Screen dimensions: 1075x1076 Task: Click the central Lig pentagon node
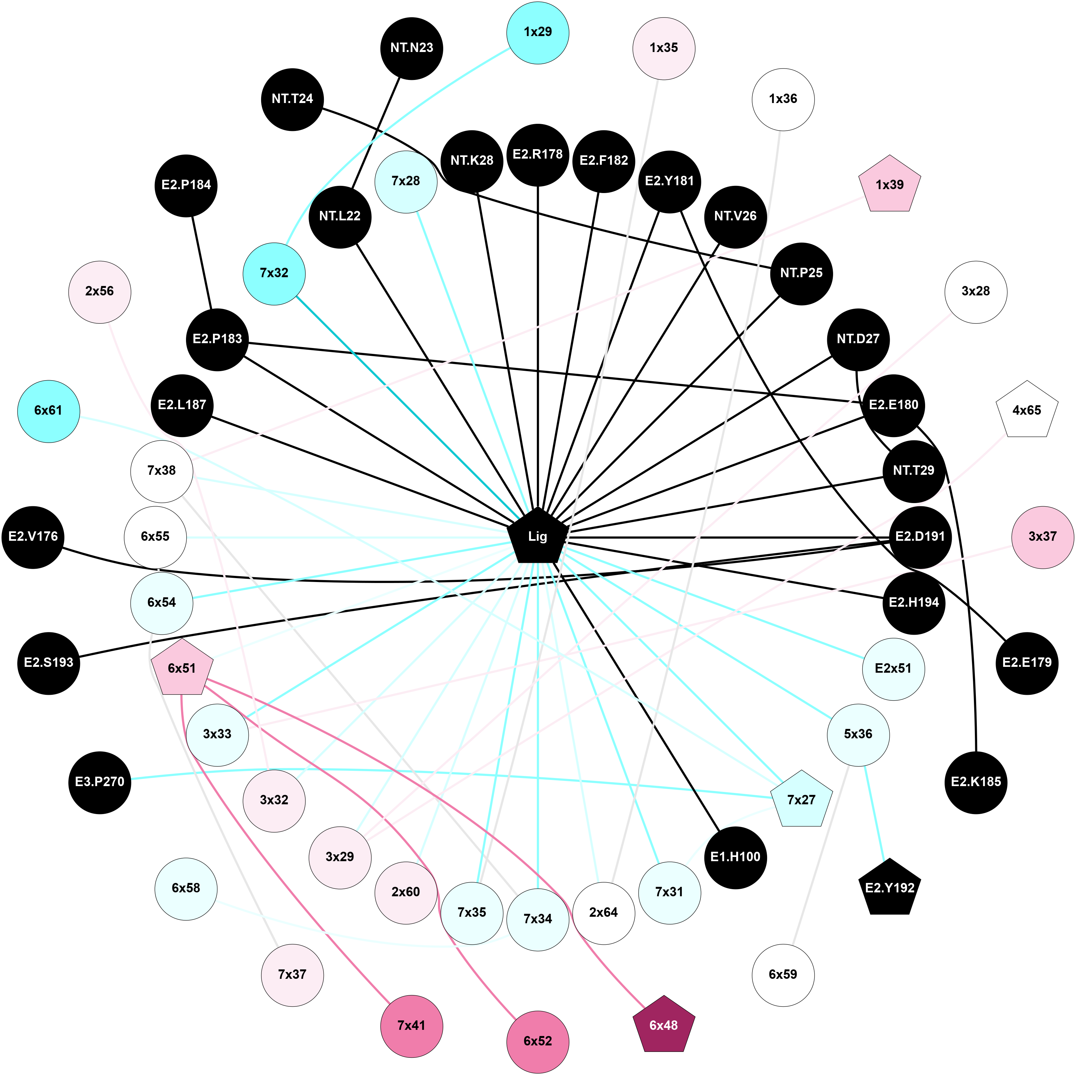coord(538,537)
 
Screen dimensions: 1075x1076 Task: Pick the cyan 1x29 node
coord(538,32)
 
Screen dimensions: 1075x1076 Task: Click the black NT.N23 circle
coord(412,48)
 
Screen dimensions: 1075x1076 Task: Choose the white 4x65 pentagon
coord(1027,411)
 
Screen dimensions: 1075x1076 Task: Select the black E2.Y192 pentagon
coord(889,888)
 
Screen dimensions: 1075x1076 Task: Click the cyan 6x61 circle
coord(48,411)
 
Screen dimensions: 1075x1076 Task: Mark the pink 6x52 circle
coord(538,1041)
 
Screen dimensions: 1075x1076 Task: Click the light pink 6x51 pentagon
coord(182,668)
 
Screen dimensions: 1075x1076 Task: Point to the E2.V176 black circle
coord(33,537)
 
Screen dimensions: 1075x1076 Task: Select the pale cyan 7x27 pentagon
coord(801,800)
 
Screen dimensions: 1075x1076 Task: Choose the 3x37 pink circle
coord(1042,537)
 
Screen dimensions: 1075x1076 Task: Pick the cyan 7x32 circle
coord(274,273)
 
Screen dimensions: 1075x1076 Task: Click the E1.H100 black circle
coord(735,857)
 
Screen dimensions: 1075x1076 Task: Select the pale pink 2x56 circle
coord(100,291)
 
